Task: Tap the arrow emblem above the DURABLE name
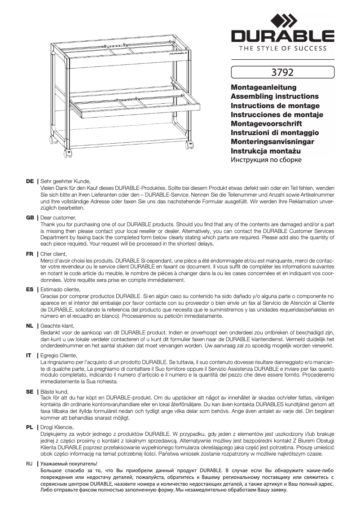[x=283, y=20]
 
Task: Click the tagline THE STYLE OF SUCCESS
[x=282, y=48]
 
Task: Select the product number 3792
[x=282, y=72]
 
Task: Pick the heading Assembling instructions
[x=274, y=96]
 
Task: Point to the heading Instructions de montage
[x=275, y=105]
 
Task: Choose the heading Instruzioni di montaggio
[x=274, y=132]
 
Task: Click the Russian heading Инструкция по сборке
[x=266, y=160]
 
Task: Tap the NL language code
[x=30, y=325]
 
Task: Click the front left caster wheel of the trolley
[x=68, y=153]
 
